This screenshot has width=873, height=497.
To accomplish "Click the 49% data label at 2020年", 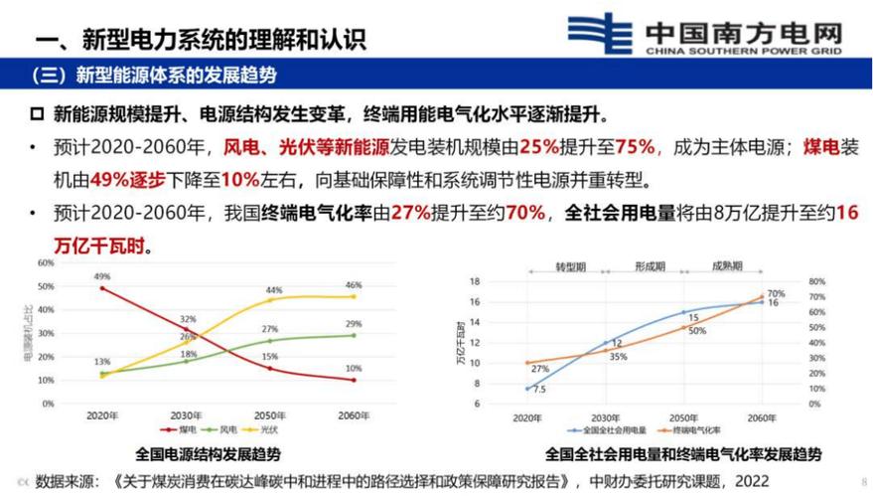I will pos(101,276).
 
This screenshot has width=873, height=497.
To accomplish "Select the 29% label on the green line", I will pos(355,324).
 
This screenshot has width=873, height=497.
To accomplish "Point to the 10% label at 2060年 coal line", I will pos(355,369).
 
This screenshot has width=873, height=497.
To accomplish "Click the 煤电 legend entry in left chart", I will pos(185,429).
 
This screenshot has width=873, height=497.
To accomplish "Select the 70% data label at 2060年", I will pos(776,293).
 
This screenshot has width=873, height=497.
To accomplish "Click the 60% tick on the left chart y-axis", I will pos(46,262).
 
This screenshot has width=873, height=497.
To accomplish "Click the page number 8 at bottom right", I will pos(862,480).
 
